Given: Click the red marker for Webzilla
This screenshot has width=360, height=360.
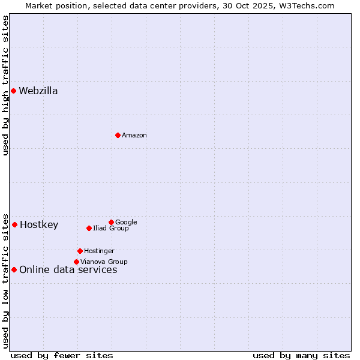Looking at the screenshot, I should tap(13, 91).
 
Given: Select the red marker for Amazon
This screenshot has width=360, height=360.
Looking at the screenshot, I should tap(118, 135).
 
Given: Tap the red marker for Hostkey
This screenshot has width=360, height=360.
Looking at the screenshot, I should tap(14, 224).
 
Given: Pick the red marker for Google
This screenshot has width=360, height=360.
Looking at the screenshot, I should tap(111, 222).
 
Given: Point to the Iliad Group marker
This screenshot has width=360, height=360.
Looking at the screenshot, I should tap(89, 228).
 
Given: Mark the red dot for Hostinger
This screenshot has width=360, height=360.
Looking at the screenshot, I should tap(80, 251).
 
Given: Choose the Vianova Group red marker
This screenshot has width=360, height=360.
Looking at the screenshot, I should tap(76, 262).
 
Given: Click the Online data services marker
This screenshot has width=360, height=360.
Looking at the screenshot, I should tap(14, 269).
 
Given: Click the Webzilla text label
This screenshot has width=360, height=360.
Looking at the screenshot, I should tap(38, 91).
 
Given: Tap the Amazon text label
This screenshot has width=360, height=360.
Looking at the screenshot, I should tap(134, 136).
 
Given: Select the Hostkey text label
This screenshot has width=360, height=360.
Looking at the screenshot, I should tap(39, 225).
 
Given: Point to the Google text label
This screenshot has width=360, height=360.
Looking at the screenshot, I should tap(126, 223).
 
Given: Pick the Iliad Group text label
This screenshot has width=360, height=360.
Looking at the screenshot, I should tap(111, 229).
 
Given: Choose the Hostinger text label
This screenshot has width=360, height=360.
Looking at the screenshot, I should tap(99, 251).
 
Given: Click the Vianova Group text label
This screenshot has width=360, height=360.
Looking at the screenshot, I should tap(104, 262).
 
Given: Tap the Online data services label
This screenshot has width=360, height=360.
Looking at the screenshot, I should tap(68, 270).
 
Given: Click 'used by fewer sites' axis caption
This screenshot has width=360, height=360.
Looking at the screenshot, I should tap(62, 355).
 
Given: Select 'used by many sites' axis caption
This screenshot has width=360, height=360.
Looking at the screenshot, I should tap(301, 355).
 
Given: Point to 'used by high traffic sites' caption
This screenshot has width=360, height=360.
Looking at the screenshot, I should tap(5, 85).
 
